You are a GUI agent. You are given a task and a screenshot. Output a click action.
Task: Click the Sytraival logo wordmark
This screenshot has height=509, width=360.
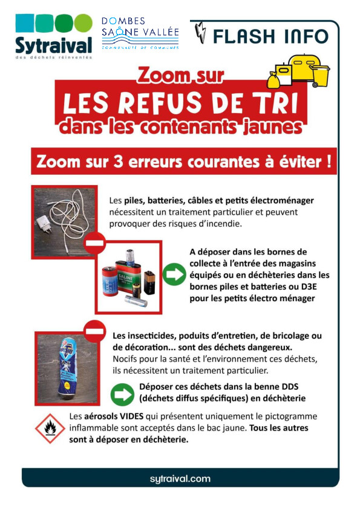point(54,46)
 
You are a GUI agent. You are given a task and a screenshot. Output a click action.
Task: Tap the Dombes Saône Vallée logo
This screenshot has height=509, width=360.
point(140,33)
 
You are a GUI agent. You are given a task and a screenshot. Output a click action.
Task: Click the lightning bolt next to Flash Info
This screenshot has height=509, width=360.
point(201,33)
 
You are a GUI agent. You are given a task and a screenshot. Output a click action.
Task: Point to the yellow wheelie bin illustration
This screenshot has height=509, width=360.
point(320,76)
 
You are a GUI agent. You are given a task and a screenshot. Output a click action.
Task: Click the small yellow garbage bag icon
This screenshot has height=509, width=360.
point(273,80)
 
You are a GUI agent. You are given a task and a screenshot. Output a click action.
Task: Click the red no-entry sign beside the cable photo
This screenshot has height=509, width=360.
point(94,242)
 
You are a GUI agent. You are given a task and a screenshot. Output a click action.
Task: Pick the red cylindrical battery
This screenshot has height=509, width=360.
point(110,281)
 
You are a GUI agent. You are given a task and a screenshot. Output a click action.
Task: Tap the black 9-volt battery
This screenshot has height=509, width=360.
point(149,282)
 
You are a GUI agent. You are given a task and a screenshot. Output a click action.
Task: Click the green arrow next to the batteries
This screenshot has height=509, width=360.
point(174,274)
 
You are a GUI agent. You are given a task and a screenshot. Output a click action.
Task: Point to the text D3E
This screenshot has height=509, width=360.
point(309,287)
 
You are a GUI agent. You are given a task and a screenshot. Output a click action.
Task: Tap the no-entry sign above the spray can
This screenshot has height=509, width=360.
point(94,331)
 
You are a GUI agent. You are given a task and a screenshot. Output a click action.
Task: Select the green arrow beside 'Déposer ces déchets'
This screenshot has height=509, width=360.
point(122,394)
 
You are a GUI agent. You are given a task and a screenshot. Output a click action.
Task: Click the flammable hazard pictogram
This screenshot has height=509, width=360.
point(50,429)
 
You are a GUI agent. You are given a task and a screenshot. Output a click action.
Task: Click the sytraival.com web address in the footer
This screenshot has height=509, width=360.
point(180,479)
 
